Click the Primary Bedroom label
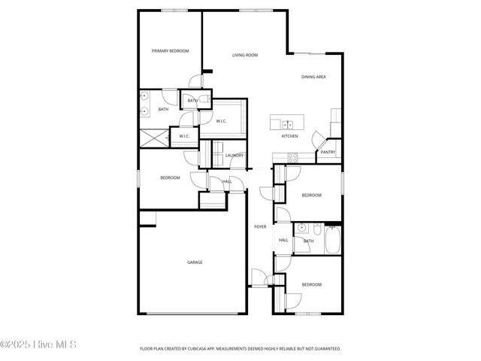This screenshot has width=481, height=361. coord(170,51)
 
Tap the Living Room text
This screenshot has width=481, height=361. coord(245,55)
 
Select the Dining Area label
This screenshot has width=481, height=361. coord(313,77)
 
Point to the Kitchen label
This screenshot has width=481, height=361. coord(289,136)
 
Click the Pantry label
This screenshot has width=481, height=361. coord(328,152)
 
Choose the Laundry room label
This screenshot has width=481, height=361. coord(234,156)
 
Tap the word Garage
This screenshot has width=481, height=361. coord(195,262)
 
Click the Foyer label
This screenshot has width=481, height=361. coord(260,226)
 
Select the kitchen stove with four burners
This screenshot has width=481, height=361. coord(292,157)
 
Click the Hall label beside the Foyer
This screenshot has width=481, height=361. coord(283,241)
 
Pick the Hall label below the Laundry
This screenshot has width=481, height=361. coord(227,181)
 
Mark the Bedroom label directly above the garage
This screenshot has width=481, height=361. coord(170,177)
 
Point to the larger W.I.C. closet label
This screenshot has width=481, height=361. coord(222,121)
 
